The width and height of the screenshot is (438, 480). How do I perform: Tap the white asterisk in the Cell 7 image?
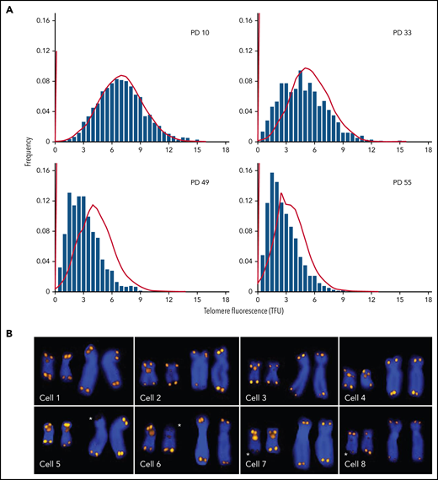click(x=249, y=455)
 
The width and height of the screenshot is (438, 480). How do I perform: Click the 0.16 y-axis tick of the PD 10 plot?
click(x=42, y=17)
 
